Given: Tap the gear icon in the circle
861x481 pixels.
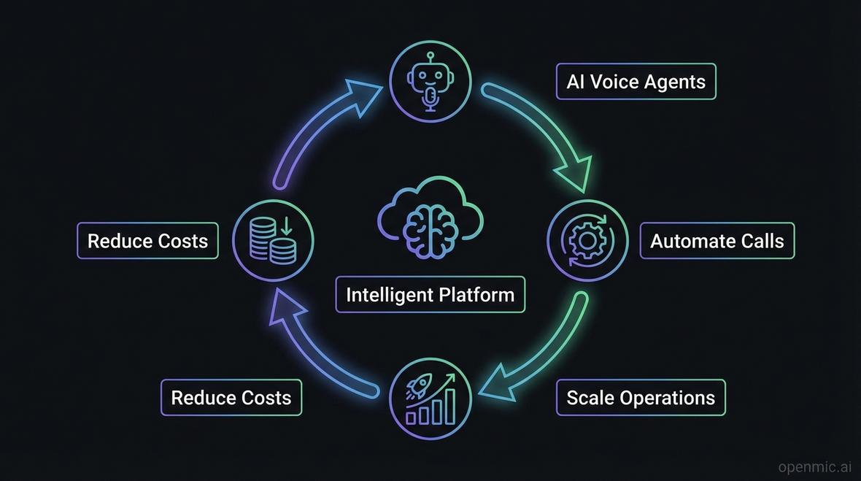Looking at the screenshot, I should (587, 240).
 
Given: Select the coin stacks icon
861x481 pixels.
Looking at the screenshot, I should (272, 242).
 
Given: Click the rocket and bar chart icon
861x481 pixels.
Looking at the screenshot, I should (430, 399).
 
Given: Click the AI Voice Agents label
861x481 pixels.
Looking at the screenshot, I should (636, 81).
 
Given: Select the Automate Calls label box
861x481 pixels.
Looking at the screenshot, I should (717, 241).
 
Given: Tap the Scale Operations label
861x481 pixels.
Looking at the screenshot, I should (640, 398).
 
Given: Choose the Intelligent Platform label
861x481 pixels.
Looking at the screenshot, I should (430, 295).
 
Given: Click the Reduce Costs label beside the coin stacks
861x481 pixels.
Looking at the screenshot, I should (147, 241).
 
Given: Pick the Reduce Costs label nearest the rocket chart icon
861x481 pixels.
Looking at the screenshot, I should (231, 398).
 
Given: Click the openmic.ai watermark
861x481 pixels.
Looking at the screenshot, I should (816, 466).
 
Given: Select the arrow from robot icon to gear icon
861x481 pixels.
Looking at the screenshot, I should (547, 131).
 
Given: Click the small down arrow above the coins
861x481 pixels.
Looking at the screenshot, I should (285, 226).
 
